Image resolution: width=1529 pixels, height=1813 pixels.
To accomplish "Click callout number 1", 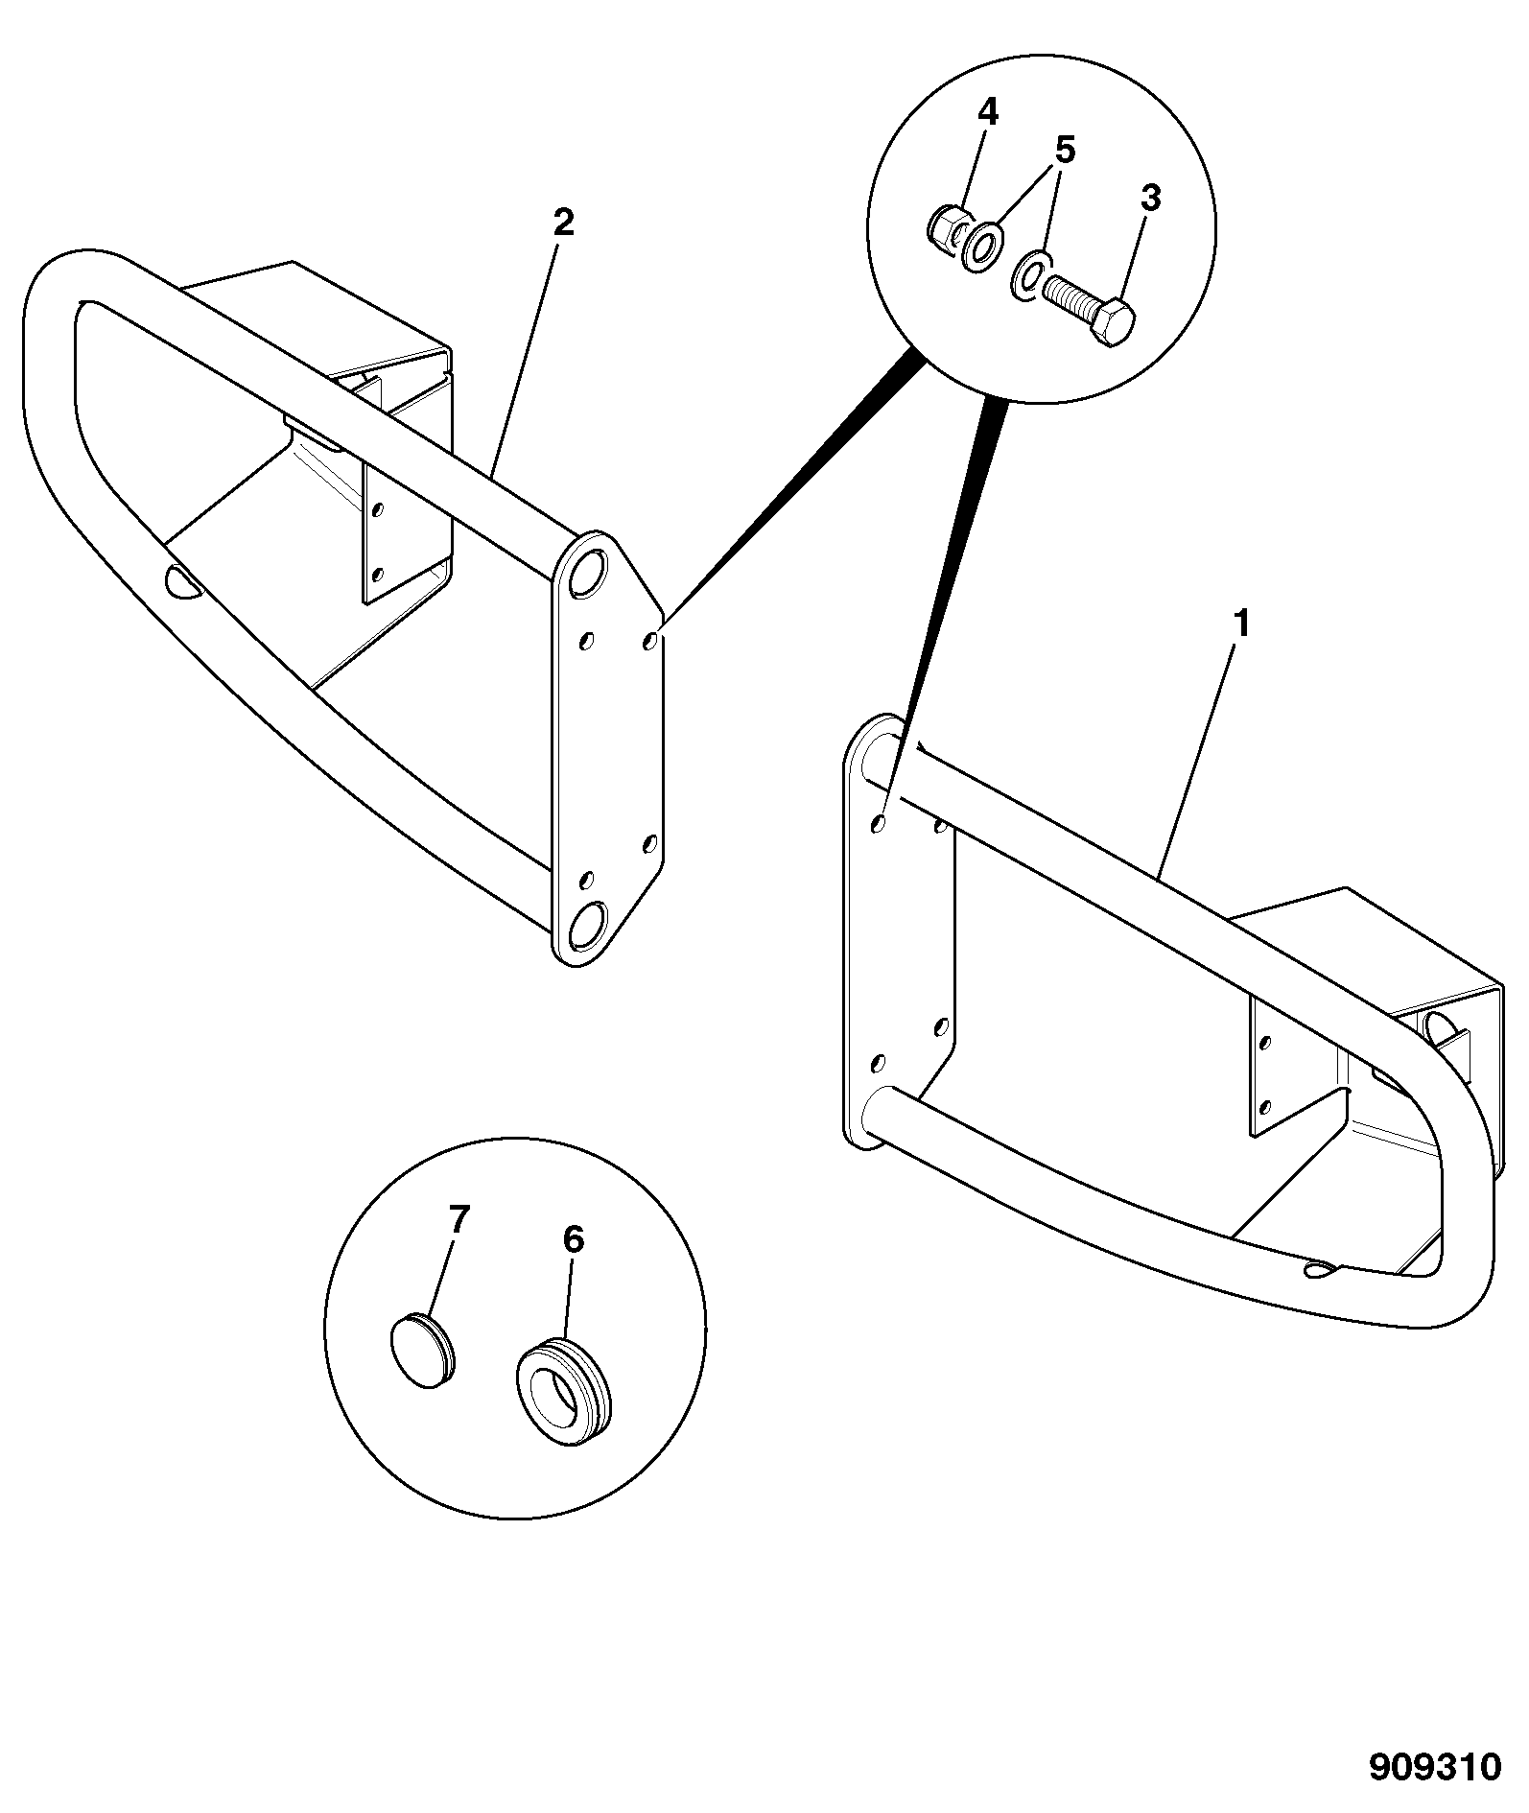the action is point(1241,625).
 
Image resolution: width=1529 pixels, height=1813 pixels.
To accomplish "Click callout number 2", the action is point(563,223).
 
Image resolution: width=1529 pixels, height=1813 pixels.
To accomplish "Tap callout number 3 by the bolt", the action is point(1150,199).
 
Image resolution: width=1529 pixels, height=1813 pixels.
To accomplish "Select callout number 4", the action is point(988,112).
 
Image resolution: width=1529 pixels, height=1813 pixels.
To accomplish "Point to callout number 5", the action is point(1065,151).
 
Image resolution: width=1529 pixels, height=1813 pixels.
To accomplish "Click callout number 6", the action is point(572,1239).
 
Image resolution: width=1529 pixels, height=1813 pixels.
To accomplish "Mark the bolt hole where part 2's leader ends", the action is point(651,640).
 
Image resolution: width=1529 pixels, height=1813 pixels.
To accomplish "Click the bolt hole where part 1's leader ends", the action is point(880,823).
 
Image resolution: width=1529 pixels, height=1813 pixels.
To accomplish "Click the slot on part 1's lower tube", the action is point(1321,1269).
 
